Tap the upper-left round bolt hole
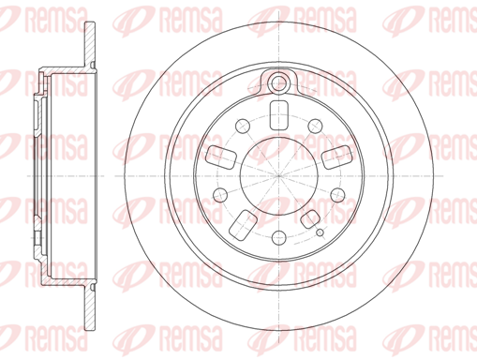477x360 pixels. pos(243,126)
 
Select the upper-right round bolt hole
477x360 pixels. pos(315,126)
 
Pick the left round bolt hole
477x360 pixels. pos(220,195)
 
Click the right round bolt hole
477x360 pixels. pos(337,195)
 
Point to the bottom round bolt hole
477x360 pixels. pos(279,238)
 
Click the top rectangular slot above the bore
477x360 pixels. pos(278,115)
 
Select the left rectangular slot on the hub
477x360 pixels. pos(221,157)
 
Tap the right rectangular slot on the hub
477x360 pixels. pos(337,157)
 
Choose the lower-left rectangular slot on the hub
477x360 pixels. pos(243,225)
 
